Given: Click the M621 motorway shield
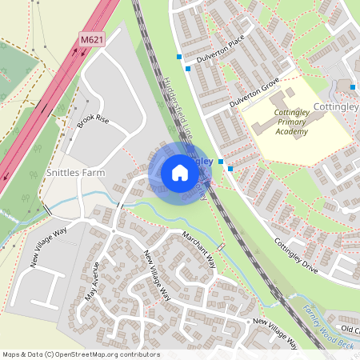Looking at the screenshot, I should pyautogui.click(x=92, y=38).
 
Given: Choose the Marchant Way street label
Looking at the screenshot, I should pyautogui.click(x=198, y=250).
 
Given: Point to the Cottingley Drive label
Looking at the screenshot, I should pyautogui.click(x=296, y=257).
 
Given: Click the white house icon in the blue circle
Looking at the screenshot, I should pyautogui.click(x=180, y=172).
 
